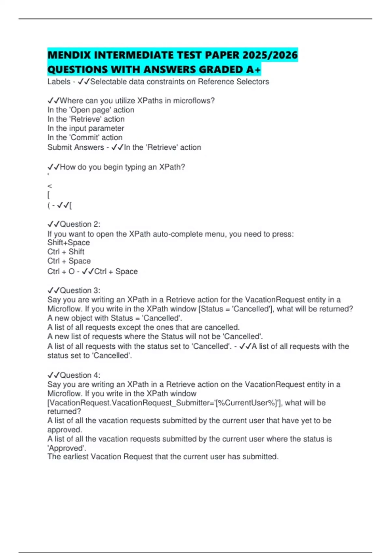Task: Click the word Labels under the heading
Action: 59,82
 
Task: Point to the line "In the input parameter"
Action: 86,128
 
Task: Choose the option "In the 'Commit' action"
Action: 85,137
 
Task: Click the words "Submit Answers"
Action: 76,147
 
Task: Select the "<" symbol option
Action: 50,186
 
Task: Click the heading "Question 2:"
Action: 80,224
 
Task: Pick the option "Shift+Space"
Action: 68,242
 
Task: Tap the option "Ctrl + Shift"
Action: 65,251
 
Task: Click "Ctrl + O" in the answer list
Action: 61,271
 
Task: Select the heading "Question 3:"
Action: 80,290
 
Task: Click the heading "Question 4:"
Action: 80,375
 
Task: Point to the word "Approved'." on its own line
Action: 67,448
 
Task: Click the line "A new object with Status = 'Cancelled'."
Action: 115,318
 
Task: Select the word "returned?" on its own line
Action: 64,411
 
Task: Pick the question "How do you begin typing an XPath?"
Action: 122,167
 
